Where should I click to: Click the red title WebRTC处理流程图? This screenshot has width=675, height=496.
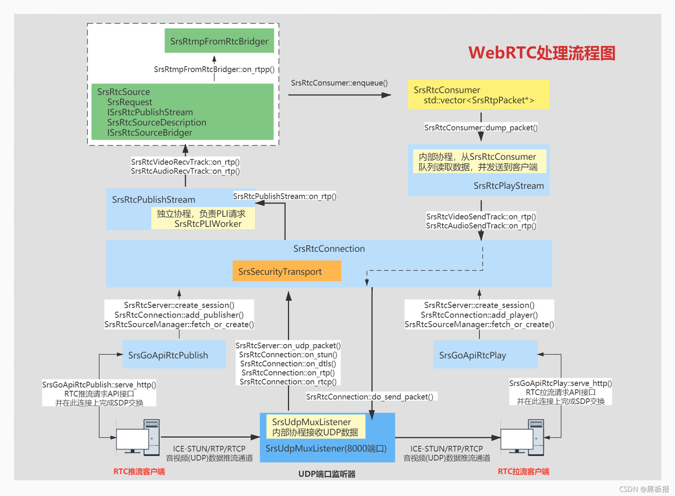[x=541, y=53]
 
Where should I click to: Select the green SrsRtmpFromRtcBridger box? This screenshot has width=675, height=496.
[x=219, y=41]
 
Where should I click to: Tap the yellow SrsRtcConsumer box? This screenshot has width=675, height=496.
[x=478, y=95]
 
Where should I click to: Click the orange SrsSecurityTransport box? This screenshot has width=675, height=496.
[x=286, y=271]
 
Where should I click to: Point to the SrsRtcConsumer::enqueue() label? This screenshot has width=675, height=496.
[x=339, y=83]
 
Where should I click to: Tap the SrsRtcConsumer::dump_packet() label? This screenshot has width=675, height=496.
[x=480, y=128]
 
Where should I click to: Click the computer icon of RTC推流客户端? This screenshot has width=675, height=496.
[x=138, y=437]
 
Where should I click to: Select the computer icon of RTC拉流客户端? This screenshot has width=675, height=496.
[x=522, y=437]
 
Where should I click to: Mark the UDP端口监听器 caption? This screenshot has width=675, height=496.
[x=327, y=474]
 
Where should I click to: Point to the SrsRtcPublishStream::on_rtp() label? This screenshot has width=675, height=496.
[x=285, y=196]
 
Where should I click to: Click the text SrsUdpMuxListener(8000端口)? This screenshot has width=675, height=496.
[x=326, y=449]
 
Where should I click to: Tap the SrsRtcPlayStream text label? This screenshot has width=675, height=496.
[x=508, y=186]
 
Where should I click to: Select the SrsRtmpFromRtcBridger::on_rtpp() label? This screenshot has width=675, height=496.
[x=214, y=69]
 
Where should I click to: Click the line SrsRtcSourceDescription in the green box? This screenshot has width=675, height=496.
[x=157, y=122]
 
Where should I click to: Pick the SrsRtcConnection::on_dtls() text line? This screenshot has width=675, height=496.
[x=288, y=364]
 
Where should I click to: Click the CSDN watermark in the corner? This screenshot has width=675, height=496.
[x=644, y=489]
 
